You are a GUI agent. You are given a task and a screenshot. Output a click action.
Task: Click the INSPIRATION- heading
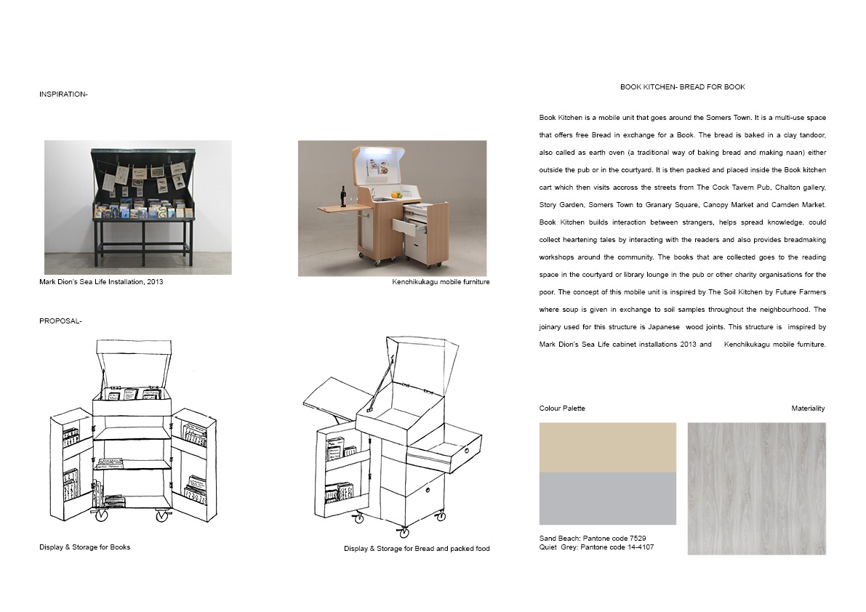tap(63, 94)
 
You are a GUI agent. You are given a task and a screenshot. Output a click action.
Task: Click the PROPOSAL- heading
tap(60, 321)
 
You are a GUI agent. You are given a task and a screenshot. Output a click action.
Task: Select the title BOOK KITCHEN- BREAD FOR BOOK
tap(682, 87)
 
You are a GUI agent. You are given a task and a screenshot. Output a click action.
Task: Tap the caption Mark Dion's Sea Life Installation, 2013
tap(101, 282)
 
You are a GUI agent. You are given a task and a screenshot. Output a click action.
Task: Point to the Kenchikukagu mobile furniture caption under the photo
tap(441, 282)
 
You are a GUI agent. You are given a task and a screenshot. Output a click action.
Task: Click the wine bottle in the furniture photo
tap(343, 196)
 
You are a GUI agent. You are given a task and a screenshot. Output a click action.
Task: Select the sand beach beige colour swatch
tap(608, 448)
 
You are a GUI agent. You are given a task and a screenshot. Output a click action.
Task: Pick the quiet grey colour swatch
tap(608, 499)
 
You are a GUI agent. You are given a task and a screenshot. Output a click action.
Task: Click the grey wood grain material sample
tap(757, 488)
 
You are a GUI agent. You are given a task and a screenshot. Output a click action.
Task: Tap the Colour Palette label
tap(562, 408)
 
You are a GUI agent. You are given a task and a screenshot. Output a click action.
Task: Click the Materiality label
tap(808, 408)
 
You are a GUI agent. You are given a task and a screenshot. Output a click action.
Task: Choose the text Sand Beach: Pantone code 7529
tap(593, 538)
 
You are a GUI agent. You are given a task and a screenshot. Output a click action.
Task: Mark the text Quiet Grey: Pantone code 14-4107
tap(596, 547)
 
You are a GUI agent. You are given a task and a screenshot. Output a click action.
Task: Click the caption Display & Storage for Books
tap(84, 547)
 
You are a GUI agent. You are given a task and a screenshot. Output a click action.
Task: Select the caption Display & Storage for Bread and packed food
tap(417, 549)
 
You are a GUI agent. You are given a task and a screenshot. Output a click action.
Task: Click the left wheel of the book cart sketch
tap(101, 516)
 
